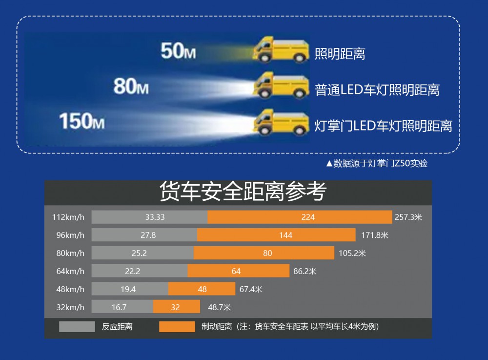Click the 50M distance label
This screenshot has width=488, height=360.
pyautogui.click(x=178, y=51)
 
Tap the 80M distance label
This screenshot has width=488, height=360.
pyautogui.click(x=131, y=86)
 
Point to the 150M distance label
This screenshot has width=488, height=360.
pyautogui.click(x=81, y=121)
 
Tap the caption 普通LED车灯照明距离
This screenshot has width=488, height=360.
pyautogui.click(x=377, y=90)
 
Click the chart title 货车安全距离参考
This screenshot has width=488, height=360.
pyautogui.click(x=243, y=192)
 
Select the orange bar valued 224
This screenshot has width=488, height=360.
pyautogui.click(x=300, y=217)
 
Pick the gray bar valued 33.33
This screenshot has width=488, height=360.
pyautogui.click(x=149, y=217)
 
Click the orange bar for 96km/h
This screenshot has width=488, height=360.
pyautogui.click(x=276, y=235)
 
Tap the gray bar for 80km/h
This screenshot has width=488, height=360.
pyautogui.click(x=142, y=253)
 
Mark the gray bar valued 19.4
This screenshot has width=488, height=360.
pyautogui.click(x=130, y=289)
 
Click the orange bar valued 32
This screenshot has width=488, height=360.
pyautogui.click(x=176, y=307)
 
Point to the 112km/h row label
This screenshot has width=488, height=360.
pyautogui.click(x=68, y=217)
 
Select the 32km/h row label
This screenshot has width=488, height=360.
pyautogui.click(x=70, y=307)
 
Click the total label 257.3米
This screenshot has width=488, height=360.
pyautogui.click(x=408, y=217)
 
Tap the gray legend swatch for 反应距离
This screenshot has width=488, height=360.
pyautogui.click(x=77, y=327)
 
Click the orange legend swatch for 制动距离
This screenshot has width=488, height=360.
pyautogui.click(x=177, y=327)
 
